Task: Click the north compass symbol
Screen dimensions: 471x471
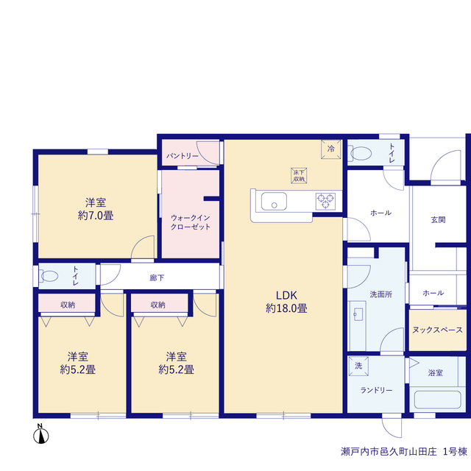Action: [x=41, y=434]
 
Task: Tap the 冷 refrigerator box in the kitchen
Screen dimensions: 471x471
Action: [x=330, y=149]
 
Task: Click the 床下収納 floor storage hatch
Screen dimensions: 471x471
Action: [x=299, y=175]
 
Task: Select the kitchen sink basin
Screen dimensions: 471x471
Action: [x=274, y=201]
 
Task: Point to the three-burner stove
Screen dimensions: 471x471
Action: [x=325, y=201]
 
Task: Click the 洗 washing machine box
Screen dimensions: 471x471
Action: [x=358, y=366]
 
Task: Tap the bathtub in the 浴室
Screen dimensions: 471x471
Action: [x=437, y=400]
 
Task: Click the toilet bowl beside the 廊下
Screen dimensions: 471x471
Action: [x=49, y=276]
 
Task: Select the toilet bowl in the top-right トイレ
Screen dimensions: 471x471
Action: [x=360, y=154]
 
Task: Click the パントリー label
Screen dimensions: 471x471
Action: [x=183, y=156]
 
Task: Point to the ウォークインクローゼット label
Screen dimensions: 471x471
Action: [x=191, y=222]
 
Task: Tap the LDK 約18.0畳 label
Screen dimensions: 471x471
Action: [x=286, y=302]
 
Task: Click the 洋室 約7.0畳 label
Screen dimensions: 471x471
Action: [x=96, y=209]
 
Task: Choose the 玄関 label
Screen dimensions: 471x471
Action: [x=438, y=220]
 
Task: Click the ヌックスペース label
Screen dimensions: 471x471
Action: [x=437, y=330]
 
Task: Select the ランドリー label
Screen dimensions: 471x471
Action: [x=376, y=390]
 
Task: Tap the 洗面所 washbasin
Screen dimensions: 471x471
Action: [x=358, y=314]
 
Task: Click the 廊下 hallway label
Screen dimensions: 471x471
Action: [x=157, y=278]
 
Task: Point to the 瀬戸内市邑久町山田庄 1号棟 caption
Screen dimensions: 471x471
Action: [x=404, y=451]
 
